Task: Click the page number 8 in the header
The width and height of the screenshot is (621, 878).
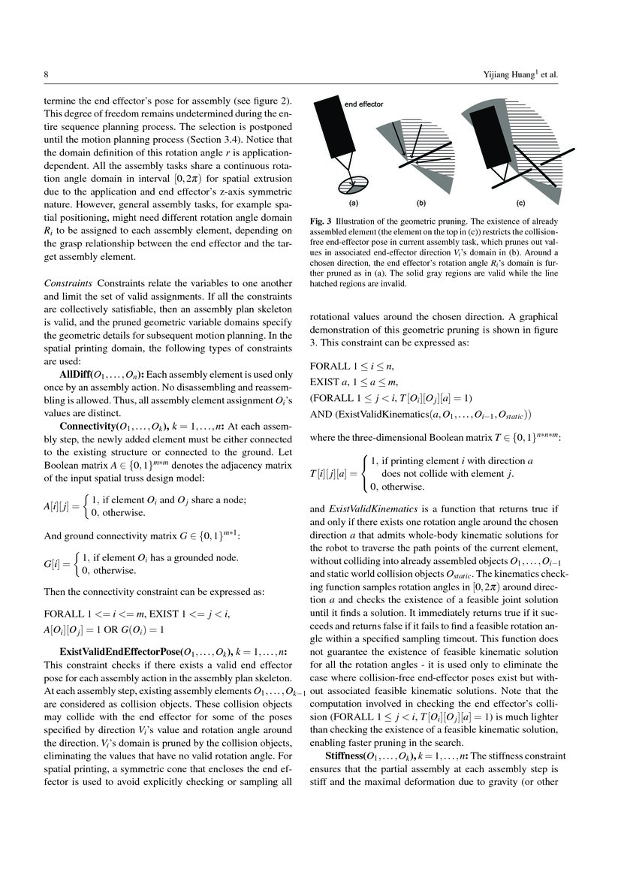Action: [47, 74]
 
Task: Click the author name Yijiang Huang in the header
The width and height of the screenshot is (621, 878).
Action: [520, 74]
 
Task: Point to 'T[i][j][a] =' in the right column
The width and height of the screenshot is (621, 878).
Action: [333, 472]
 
